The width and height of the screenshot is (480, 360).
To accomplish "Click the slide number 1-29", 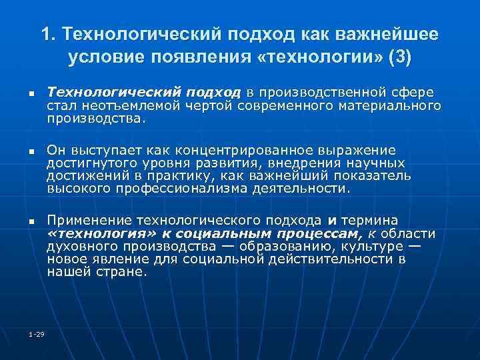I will click(x=36, y=333).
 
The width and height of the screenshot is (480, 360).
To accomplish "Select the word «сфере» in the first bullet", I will click(x=413, y=92).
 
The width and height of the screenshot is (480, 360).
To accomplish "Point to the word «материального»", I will click(x=389, y=106).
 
